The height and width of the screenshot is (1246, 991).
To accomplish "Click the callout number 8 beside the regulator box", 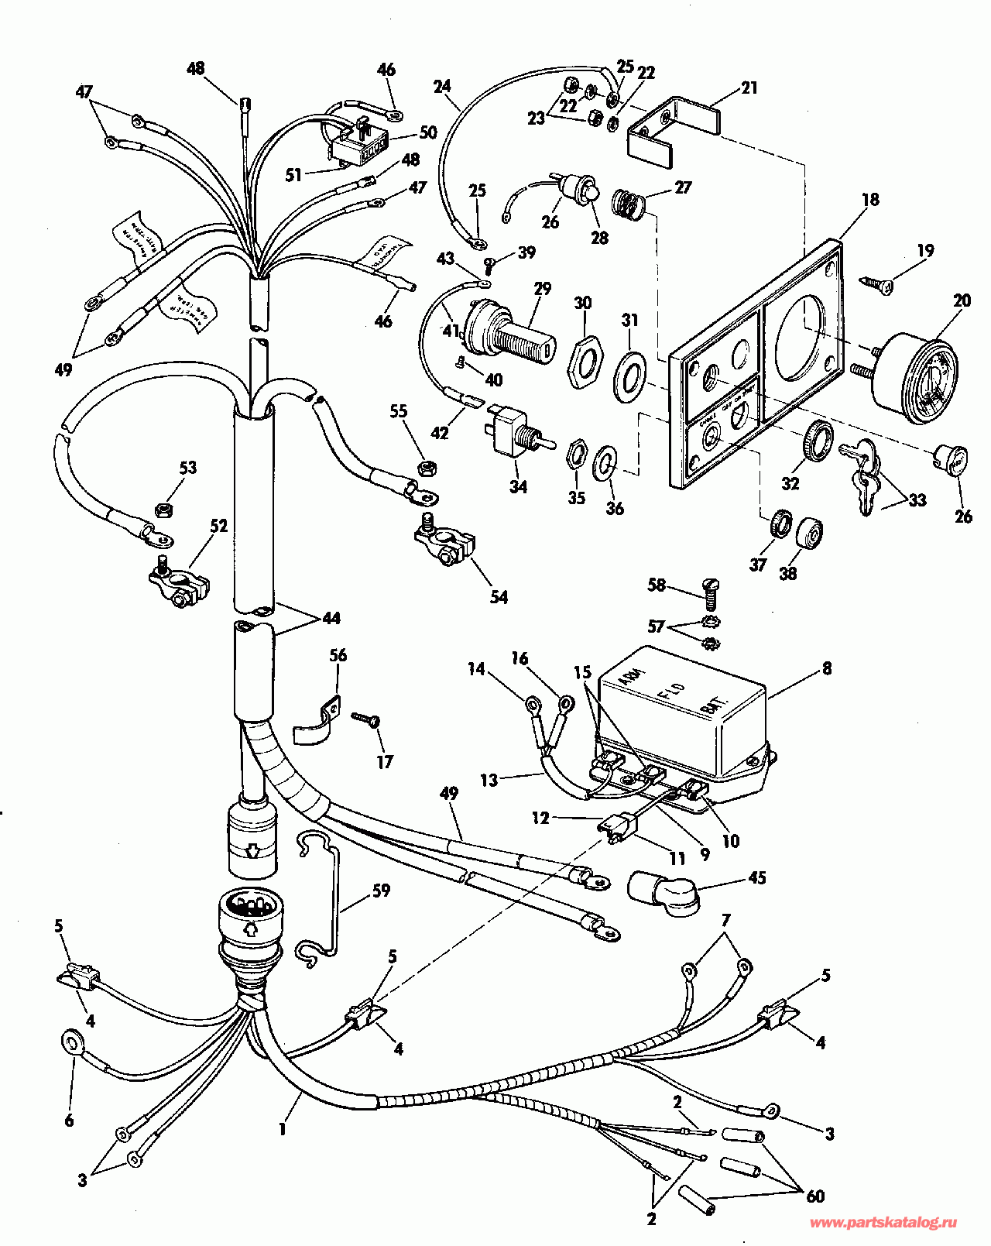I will pyautogui.click(x=827, y=668).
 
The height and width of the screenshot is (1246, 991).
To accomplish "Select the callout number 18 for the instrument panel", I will pyautogui.click(x=870, y=200).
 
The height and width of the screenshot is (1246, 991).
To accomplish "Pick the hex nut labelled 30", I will pyautogui.click(x=585, y=361).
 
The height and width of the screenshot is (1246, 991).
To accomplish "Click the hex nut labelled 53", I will pyautogui.click(x=163, y=510).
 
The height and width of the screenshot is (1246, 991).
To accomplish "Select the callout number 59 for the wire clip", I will pyautogui.click(x=381, y=891).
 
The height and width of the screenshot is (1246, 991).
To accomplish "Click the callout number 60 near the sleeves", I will pyautogui.click(x=815, y=1196).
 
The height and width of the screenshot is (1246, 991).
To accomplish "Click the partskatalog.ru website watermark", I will pyautogui.click(x=883, y=1223).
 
